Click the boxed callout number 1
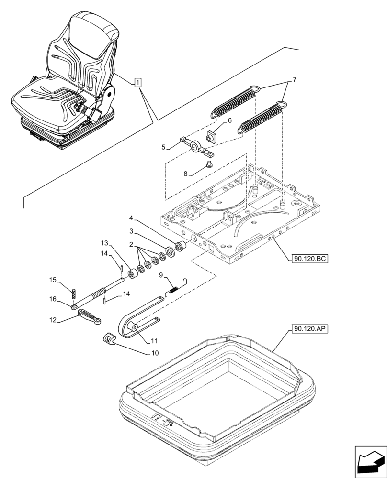point(138,83)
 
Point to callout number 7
point(294,80)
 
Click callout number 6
point(229,121)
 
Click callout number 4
point(131,219)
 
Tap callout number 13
point(104,243)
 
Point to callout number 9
point(162,274)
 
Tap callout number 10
point(155,354)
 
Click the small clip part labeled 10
point(110,339)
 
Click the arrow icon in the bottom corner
point(370,462)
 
